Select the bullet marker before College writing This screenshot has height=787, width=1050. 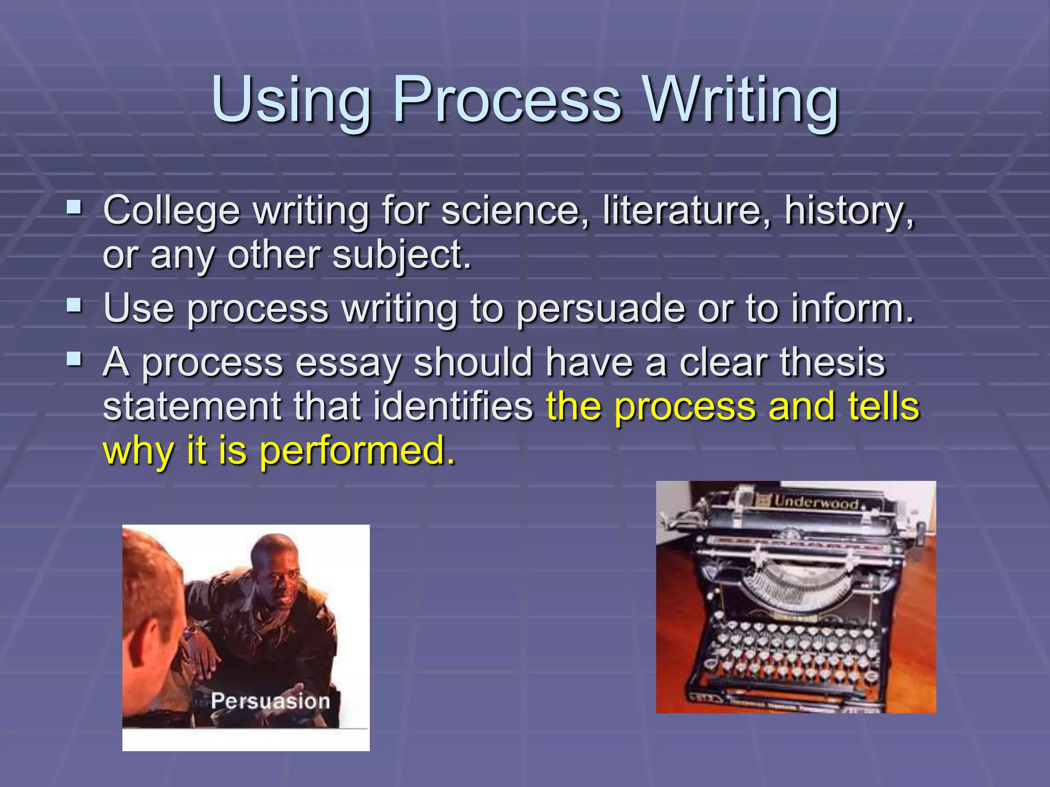(74, 208)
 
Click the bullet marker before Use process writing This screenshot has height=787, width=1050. (74, 306)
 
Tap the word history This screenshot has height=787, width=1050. (849, 211)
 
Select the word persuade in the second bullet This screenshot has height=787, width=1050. (600, 309)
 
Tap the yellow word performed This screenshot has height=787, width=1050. (357, 451)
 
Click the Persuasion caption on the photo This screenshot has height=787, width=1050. (270, 701)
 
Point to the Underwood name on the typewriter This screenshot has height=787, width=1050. (816, 502)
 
